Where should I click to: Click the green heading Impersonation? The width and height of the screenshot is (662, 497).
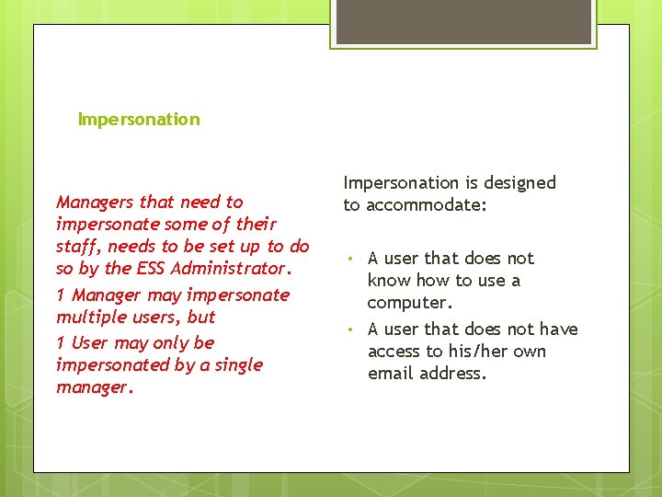[139, 119]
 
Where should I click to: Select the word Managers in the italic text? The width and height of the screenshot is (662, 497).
[92, 202]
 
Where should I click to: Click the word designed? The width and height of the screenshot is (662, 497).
[521, 182]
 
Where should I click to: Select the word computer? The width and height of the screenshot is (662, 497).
[410, 303]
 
